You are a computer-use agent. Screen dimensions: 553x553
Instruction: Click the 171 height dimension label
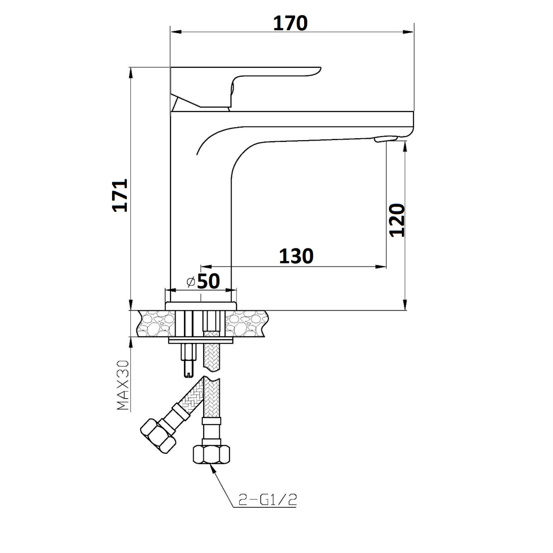[x=120, y=195]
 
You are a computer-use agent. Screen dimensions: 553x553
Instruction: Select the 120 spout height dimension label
[x=397, y=220]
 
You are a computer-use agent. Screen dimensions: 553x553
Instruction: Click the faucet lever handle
[x=245, y=88]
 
